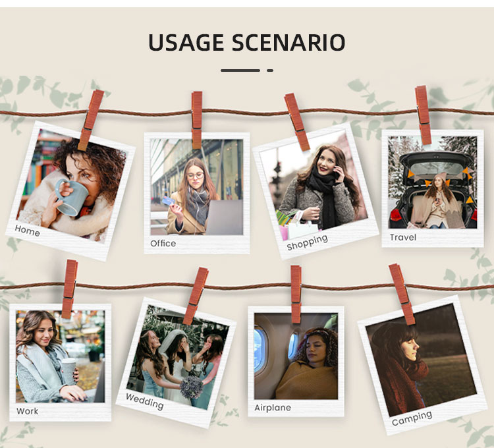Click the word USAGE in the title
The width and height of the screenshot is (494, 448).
click(x=185, y=43)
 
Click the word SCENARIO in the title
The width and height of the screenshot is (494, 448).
click(x=288, y=43)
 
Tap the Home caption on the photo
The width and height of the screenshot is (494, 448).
click(x=28, y=231)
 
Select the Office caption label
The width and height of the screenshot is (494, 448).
click(x=163, y=243)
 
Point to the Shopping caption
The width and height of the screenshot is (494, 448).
click(x=307, y=242)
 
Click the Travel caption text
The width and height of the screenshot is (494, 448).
click(x=403, y=237)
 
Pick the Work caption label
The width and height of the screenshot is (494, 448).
click(x=28, y=411)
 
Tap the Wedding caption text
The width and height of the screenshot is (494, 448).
click(x=145, y=401)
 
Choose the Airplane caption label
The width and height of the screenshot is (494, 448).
click(x=273, y=408)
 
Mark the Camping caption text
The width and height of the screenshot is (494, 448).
click(x=412, y=418)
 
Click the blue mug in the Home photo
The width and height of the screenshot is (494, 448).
click(x=72, y=197)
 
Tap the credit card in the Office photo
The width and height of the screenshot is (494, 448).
click(x=168, y=200)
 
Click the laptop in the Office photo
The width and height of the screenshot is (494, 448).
click(x=224, y=217)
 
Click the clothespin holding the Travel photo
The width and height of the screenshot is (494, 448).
click(x=423, y=115)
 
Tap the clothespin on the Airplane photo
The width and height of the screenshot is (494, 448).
click(x=296, y=294)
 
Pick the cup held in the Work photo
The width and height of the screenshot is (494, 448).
click(x=69, y=372)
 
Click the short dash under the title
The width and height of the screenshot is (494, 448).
click(x=270, y=70)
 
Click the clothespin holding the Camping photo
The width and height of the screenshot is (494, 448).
click(x=402, y=294)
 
